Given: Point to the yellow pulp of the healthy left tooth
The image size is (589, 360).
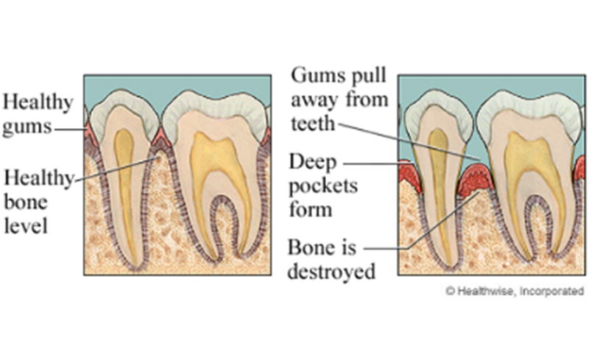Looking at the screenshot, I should click(x=126, y=169).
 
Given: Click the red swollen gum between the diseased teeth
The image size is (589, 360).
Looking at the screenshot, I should click(x=475, y=180).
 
